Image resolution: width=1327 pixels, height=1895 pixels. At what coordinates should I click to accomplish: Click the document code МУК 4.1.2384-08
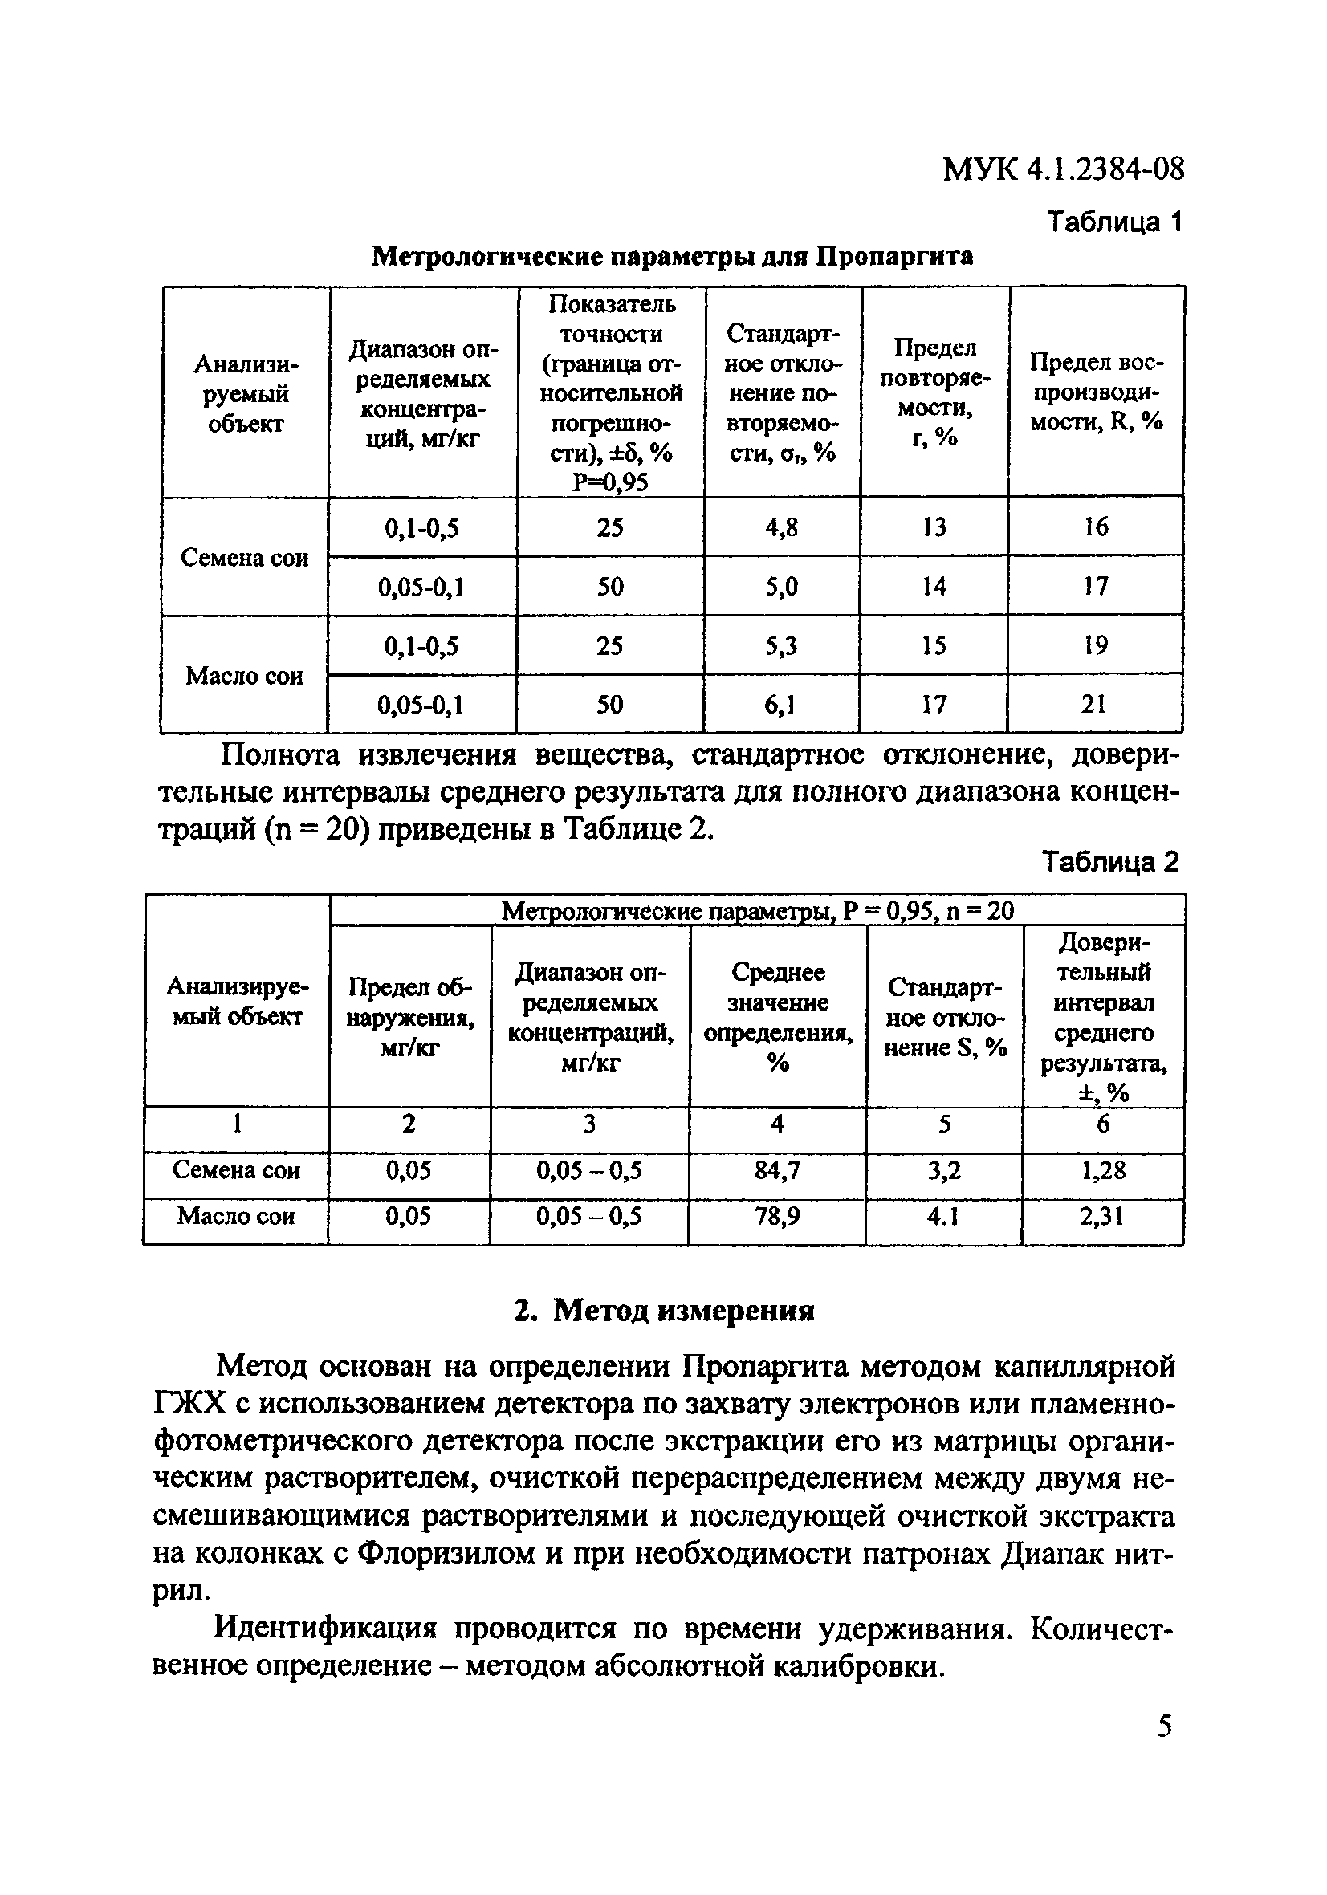coord(1063,169)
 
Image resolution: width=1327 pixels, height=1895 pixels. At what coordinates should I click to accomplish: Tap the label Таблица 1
coord(1115,222)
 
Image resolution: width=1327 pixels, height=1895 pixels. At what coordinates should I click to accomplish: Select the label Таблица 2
coord(1111,862)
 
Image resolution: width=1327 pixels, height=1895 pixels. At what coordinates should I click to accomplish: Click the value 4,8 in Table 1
coord(781,527)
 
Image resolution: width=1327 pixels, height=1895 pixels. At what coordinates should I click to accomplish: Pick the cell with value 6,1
coord(780,704)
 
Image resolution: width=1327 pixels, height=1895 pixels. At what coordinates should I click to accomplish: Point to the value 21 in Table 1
coord(1093,704)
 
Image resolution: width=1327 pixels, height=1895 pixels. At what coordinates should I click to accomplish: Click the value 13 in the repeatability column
coord(934,527)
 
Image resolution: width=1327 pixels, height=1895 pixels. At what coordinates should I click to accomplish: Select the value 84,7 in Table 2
coord(777,1169)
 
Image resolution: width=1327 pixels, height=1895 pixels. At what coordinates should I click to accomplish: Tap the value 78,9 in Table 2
coord(777,1216)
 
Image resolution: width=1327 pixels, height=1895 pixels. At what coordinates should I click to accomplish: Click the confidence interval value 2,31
coord(1101,1216)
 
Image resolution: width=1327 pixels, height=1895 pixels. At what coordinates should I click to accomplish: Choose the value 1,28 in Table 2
coord(1102,1169)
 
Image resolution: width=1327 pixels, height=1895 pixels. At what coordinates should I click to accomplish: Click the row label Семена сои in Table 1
coord(244,558)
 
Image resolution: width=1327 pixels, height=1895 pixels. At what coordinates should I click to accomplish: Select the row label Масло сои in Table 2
coord(236,1216)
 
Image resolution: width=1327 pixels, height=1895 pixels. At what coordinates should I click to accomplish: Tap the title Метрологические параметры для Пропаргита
coord(672,257)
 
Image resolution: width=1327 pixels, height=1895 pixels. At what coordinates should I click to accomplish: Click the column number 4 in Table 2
coord(777,1124)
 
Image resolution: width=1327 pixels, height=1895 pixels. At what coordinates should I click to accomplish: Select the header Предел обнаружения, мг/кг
coord(409,1017)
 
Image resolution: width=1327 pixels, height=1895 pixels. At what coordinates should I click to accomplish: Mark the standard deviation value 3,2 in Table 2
coord(945,1169)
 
